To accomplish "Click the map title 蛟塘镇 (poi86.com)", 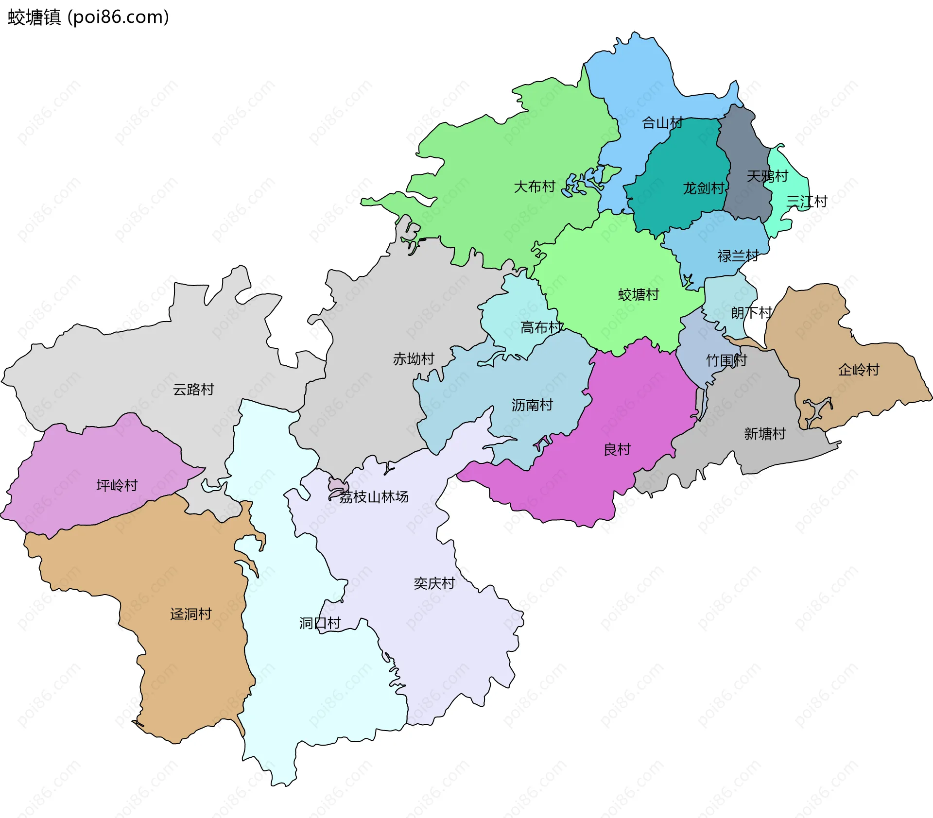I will [x=88, y=17].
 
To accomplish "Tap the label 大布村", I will [x=534, y=187].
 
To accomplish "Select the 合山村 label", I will [x=662, y=123].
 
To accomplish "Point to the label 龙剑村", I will [x=703, y=188].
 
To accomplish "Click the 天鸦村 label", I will [x=767, y=176].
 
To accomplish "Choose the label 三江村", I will [x=807, y=201].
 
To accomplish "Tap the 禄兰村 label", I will [x=738, y=256].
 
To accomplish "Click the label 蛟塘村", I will [x=638, y=295].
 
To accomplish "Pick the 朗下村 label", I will [x=751, y=312].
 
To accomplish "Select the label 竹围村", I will [x=726, y=360].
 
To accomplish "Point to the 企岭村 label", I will [x=858, y=370].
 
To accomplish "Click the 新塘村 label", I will [x=764, y=434].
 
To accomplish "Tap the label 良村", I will [x=617, y=449].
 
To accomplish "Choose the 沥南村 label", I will [x=532, y=405].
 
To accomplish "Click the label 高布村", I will [x=541, y=327].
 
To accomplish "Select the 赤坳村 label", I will [x=413, y=359].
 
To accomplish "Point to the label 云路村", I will [x=193, y=390].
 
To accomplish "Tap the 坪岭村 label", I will [x=117, y=485].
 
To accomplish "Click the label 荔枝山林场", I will [x=373, y=497].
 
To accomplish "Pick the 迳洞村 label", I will [x=190, y=614].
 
